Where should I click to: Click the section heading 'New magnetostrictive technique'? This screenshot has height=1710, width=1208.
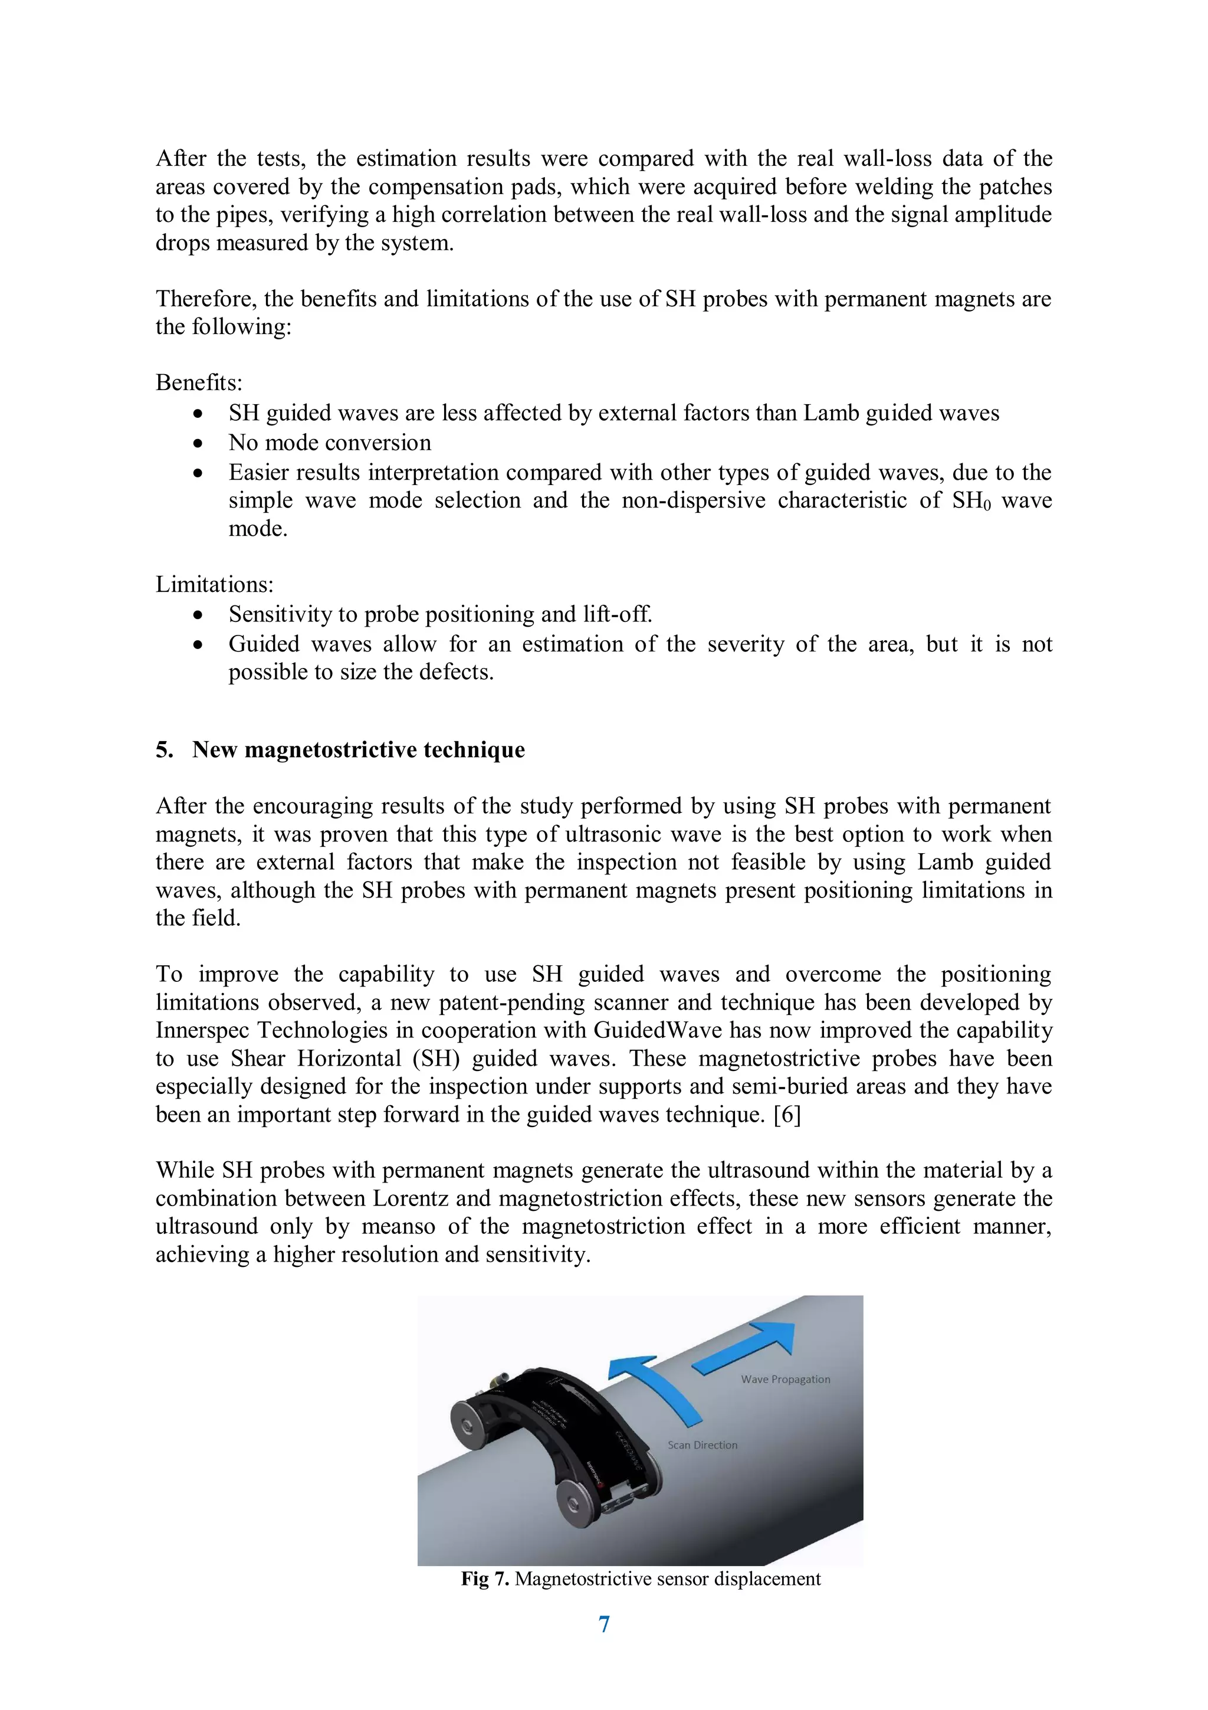(x=358, y=749)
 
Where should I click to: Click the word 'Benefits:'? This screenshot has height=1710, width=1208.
(x=199, y=383)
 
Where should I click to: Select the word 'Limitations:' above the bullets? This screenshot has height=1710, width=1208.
(x=214, y=584)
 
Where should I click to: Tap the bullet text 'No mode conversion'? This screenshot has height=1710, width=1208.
(x=330, y=443)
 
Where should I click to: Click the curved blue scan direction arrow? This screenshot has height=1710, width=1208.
(x=655, y=1385)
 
